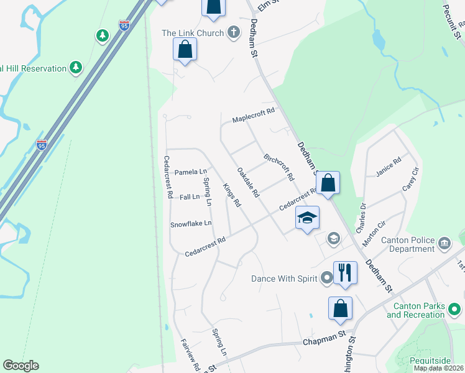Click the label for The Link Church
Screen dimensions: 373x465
point(192,33)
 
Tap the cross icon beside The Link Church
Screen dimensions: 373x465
point(234,33)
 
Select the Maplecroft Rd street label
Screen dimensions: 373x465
point(253,119)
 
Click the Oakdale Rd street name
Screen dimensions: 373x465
point(248,182)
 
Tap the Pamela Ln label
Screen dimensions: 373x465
point(190,172)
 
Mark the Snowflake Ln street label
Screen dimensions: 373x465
point(191,223)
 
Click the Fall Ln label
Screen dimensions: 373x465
point(189,196)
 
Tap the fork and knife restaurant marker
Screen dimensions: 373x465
point(345,272)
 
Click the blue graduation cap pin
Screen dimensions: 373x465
point(307,218)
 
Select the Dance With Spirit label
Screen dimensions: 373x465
point(285,279)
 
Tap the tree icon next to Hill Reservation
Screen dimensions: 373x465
point(76,67)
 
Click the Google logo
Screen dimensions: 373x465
point(21,366)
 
